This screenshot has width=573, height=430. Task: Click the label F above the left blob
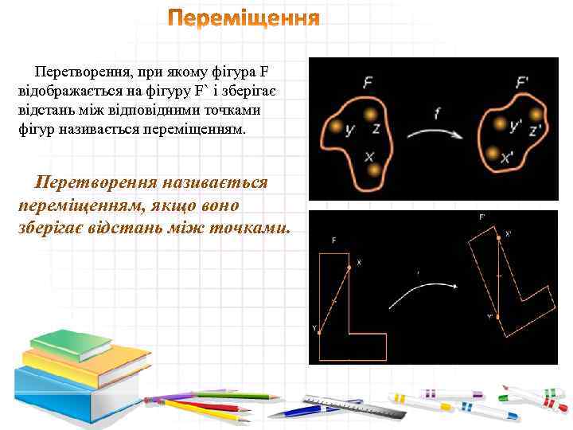368,80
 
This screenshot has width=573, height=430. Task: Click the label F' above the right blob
523,82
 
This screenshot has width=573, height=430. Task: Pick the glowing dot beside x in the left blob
373,170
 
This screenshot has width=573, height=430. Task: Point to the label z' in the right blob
536,127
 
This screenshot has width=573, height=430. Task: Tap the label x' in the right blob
508,158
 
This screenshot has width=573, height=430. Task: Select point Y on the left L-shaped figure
318,332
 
